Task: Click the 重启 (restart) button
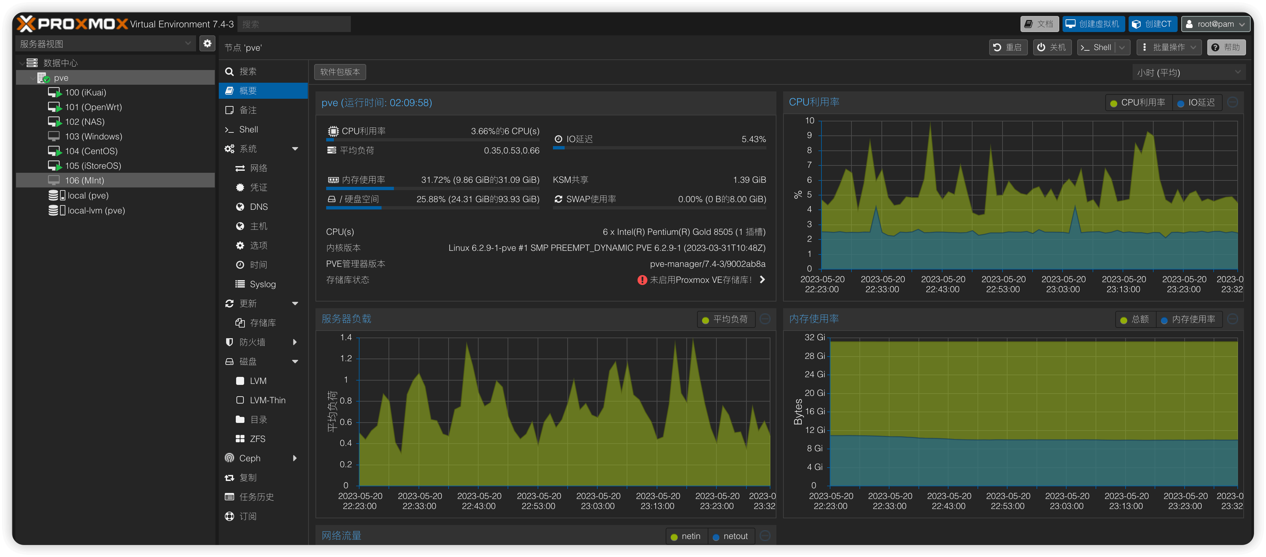click(x=1008, y=47)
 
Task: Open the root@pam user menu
click(x=1215, y=24)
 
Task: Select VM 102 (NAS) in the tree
click(x=84, y=121)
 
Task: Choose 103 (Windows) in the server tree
click(x=93, y=136)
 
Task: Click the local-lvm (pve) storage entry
click(x=96, y=210)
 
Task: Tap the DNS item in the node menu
click(x=258, y=206)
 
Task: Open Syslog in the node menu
click(x=262, y=284)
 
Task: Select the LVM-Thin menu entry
click(x=267, y=400)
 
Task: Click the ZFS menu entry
click(x=257, y=439)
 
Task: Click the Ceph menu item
click(x=250, y=458)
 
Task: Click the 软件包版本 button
click(x=340, y=72)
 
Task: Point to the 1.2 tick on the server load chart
click(x=346, y=359)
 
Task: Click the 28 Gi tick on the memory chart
click(x=814, y=356)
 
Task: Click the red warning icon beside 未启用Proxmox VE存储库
click(x=642, y=280)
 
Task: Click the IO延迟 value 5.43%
click(x=753, y=139)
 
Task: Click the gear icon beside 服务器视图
click(x=207, y=43)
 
